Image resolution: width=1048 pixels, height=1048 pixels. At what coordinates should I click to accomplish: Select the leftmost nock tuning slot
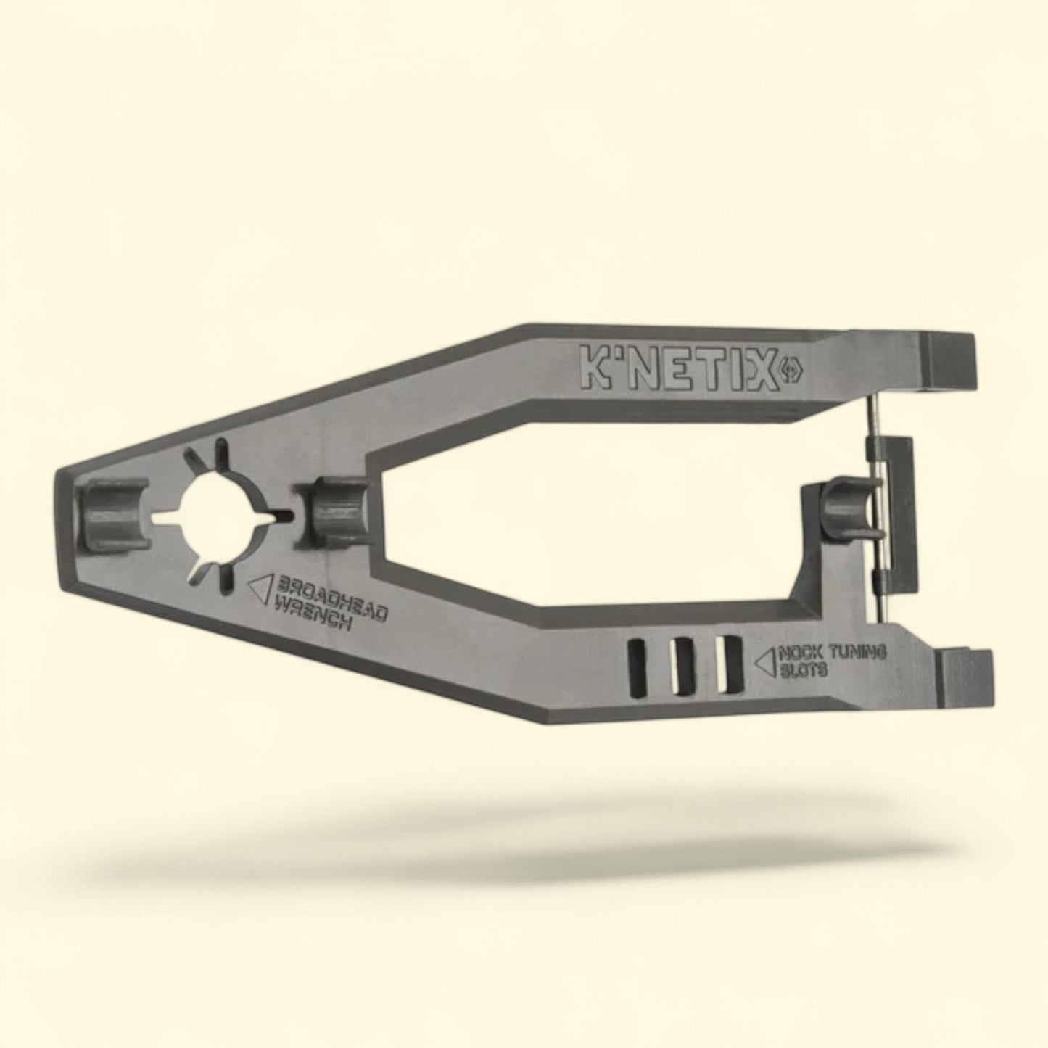pyautogui.click(x=638, y=665)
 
